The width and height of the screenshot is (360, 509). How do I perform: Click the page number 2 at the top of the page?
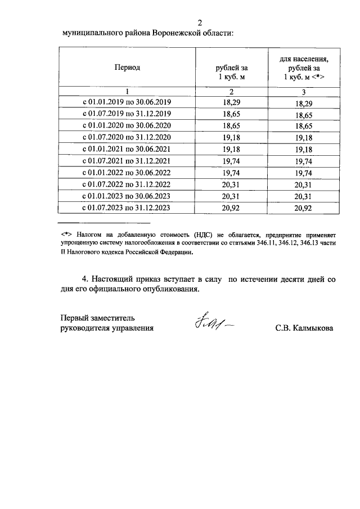click(x=200, y=22)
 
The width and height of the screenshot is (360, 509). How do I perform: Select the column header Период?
click(x=127, y=67)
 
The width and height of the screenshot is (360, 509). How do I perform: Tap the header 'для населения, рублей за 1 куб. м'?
click(x=304, y=67)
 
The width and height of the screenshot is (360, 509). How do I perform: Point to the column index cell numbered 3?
click(x=304, y=92)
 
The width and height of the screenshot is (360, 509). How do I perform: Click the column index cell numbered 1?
click(x=127, y=92)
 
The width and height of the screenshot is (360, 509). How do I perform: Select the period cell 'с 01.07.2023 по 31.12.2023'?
click(x=127, y=208)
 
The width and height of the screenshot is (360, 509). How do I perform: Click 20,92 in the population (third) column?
click(x=304, y=209)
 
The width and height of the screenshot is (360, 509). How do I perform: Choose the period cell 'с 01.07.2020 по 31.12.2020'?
click(x=127, y=137)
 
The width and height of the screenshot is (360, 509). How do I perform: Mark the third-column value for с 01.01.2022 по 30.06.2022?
click(x=304, y=173)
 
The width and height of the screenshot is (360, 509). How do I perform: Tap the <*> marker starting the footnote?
click(x=67, y=232)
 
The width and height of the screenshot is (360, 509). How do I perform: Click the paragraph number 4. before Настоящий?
click(x=85, y=279)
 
